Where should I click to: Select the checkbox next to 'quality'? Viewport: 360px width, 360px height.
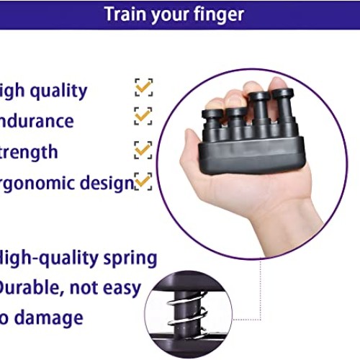[143, 88]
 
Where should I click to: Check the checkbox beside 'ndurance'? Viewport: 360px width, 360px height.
[143, 116]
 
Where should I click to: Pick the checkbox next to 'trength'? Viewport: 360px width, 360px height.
[143, 149]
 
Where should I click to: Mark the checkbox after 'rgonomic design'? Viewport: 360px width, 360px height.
[143, 181]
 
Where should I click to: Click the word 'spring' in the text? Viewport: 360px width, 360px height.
[130, 258]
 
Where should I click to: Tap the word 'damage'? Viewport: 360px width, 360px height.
[50, 318]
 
